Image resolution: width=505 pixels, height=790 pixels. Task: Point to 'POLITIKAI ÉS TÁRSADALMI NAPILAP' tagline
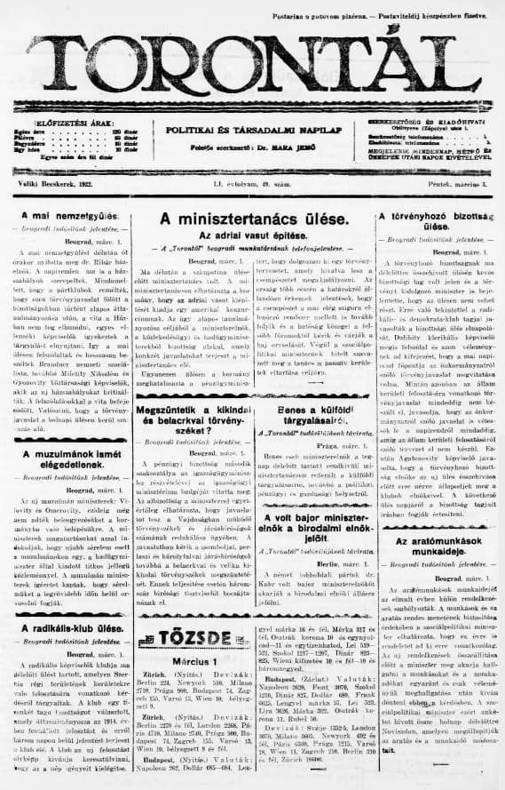tap(253, 129)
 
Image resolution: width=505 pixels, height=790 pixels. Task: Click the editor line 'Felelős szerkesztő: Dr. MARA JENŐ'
tap(253, 148)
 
